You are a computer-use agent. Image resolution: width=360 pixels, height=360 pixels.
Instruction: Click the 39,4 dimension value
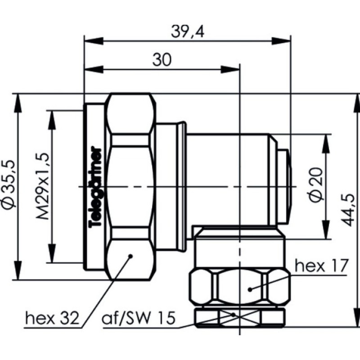pos(186,32)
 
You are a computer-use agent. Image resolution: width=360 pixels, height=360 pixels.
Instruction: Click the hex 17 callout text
pos(321,266)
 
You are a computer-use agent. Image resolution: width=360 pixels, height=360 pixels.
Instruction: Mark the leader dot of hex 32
pos(131,256)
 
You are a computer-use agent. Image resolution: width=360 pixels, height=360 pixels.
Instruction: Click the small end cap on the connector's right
pos(284,186)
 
